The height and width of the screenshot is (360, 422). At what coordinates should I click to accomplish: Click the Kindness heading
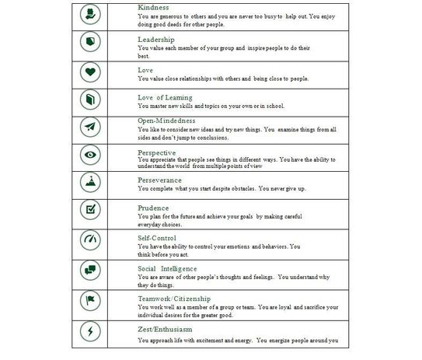152,7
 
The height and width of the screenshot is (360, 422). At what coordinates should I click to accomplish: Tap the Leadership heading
156,39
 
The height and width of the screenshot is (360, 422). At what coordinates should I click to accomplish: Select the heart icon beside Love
92,72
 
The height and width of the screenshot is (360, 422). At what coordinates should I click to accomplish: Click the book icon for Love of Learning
92,100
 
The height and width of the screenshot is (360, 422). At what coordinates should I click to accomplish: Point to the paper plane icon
92,128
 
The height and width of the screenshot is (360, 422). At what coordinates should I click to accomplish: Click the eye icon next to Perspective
92,155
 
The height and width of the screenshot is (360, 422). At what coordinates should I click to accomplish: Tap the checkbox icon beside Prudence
92,210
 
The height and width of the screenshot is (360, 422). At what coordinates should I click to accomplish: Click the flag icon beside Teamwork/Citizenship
92,299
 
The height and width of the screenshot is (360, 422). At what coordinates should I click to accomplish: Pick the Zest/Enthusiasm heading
165,328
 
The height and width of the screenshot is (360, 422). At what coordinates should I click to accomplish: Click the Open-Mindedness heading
163,121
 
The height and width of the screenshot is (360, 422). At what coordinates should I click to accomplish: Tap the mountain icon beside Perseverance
92,182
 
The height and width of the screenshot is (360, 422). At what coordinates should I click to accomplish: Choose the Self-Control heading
156,237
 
